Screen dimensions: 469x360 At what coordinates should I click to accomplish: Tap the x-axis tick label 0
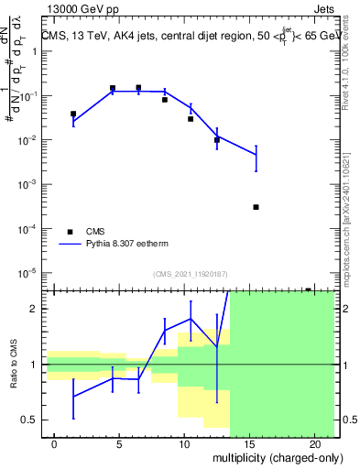click(x=55, y=444)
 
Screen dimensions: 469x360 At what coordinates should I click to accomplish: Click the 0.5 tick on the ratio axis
click(x=33, y=420)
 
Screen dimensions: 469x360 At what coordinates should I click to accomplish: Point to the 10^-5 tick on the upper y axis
click(x=30, y=272)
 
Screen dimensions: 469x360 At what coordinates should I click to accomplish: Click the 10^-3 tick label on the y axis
click(x=30, y=184)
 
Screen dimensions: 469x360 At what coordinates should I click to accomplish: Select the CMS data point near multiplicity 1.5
click(x=73, y=115)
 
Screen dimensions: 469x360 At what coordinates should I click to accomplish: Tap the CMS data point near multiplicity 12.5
click(x=217, y=140)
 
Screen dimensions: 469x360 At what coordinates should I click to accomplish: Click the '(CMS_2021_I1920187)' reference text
click(x=190, y=273)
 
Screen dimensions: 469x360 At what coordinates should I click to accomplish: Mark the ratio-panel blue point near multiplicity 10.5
click(x=191, y=319)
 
